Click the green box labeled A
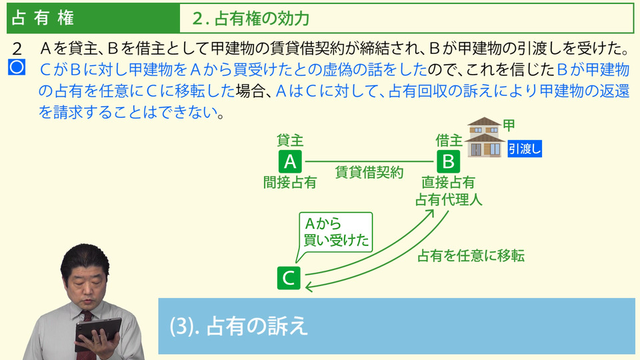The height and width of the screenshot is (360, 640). point(290,161)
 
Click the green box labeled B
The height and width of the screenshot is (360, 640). point(448,161)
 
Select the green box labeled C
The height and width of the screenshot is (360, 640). point(289,278)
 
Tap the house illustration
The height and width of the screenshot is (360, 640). point(485,137)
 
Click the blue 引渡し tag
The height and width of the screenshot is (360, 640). point(525,149)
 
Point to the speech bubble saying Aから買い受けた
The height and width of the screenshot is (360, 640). point(335,233)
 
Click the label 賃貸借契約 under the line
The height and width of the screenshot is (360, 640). point(369,172)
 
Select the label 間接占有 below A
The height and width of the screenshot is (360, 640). point(290,183)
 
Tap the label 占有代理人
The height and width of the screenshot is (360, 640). point(449,199)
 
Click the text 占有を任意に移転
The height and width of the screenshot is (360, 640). point(471,255)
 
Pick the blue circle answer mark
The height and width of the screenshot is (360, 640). point(17,67)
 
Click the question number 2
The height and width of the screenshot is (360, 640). point(17,49)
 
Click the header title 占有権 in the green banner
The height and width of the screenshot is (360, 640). point(43,18)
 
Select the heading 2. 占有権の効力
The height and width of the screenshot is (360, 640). point(251,19)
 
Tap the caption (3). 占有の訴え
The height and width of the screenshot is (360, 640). point(239,326)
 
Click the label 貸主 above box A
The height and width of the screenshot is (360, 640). point(290,141)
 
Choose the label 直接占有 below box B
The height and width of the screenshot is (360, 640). point(448,183)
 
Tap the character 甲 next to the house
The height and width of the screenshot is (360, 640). point(509,125)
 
